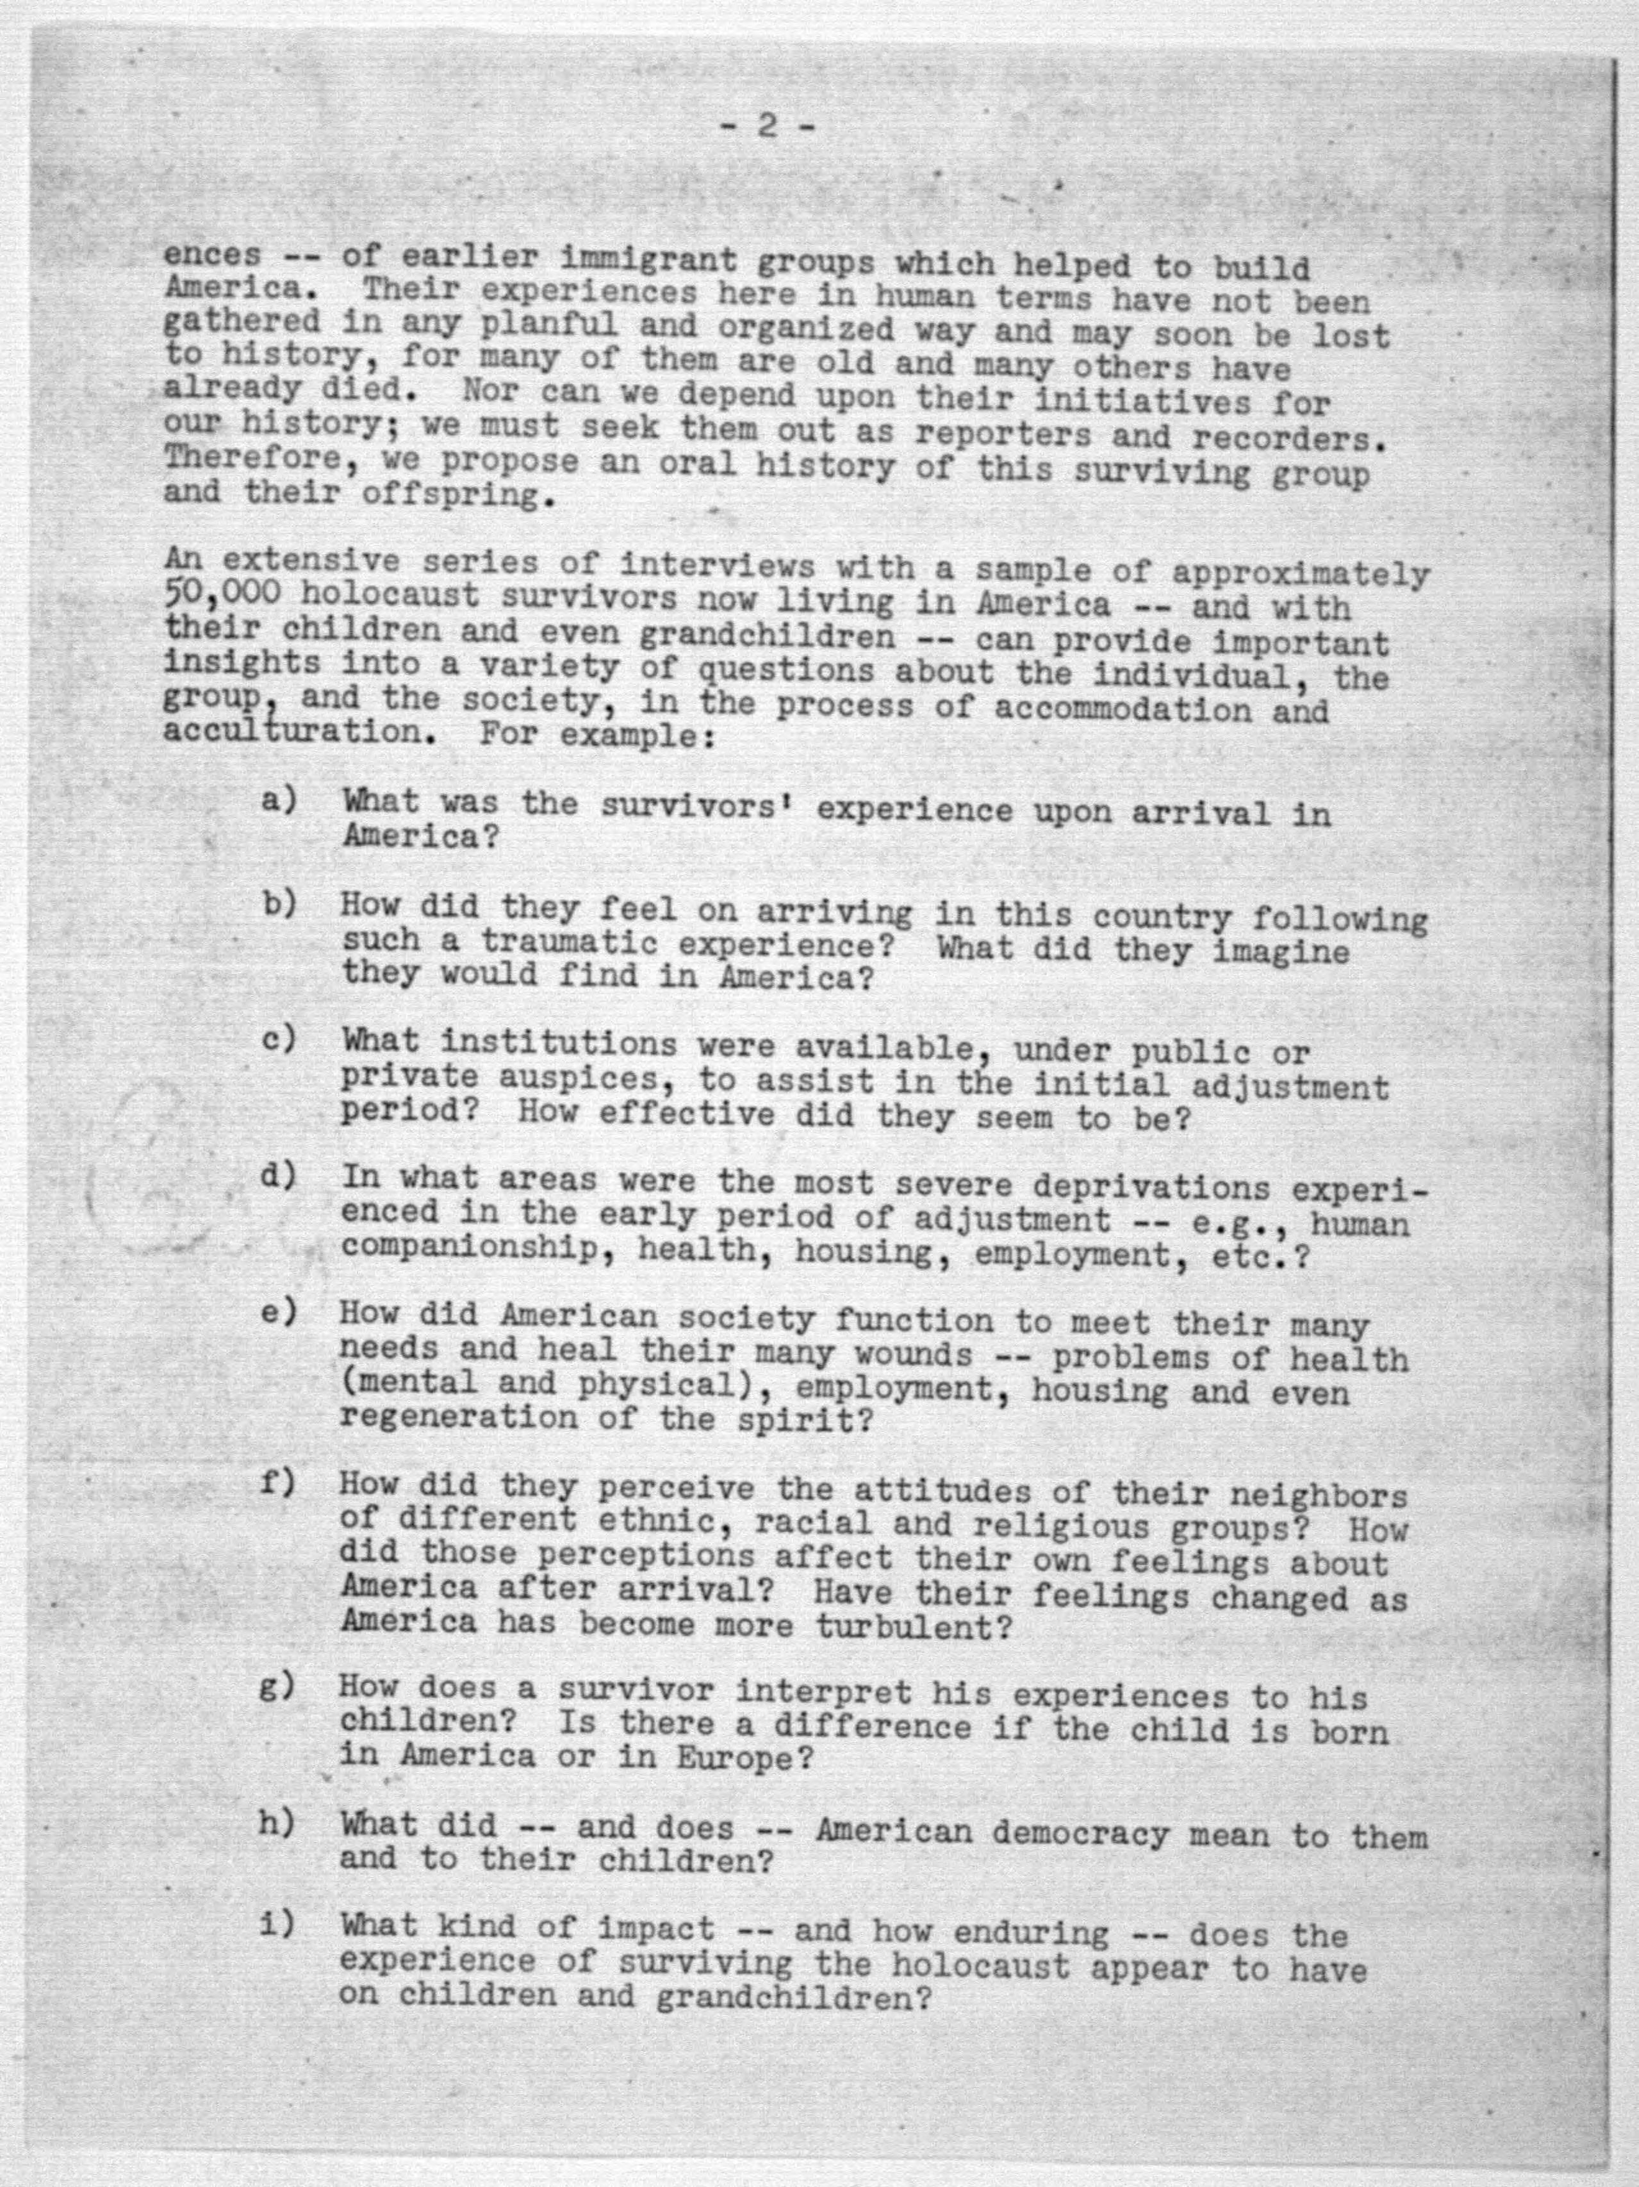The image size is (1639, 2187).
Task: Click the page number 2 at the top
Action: (x=766, y=126)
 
